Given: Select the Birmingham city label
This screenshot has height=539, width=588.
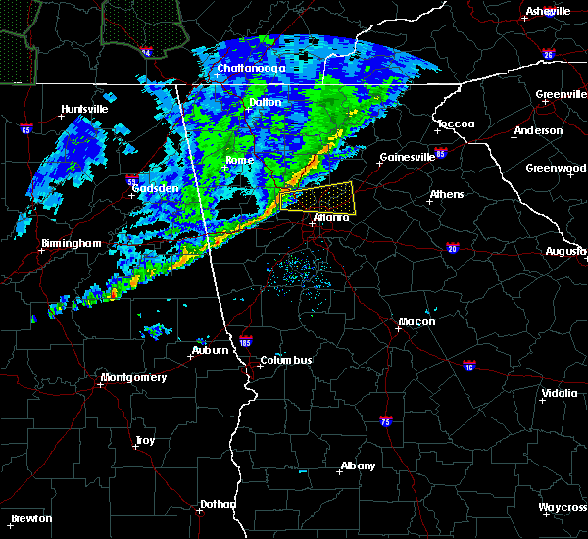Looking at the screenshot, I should click(72, 243).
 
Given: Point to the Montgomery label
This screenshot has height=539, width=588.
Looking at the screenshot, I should click(134, 378).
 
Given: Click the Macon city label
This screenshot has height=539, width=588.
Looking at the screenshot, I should click(416, 322).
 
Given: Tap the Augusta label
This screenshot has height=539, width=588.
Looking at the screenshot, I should click(565, 252).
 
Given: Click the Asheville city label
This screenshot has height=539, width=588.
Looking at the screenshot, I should click(548, 11).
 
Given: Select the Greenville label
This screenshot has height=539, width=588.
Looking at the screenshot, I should click(561, 95).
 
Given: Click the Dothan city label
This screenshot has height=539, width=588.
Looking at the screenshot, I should click(218, 505).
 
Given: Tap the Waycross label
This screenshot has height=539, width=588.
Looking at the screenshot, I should click(563, 508).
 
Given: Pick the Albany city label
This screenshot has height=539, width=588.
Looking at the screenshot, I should click(356, 466).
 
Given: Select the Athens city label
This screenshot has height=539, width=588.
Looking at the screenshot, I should click(446, 194).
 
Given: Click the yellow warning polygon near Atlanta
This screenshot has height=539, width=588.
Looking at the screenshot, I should click(316, 196).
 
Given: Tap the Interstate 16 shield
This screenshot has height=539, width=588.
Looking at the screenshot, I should click(469, 365).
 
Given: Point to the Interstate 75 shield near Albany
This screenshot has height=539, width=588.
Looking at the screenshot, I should click(385, 420).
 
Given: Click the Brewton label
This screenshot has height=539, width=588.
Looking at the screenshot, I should click(32, 518).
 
